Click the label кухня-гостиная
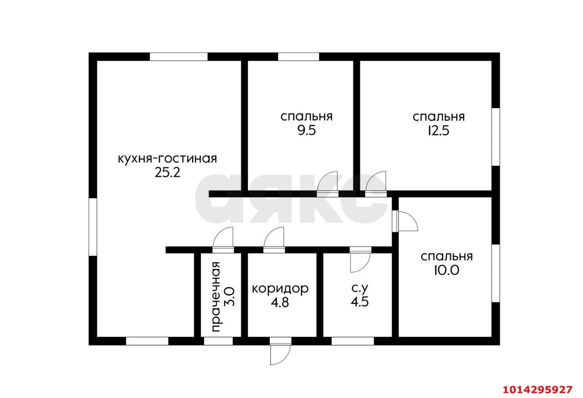click(167, 159)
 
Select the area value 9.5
click(306, 131)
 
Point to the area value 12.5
click(438, 131)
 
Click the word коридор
click(280, 288)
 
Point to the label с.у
click(359, 288)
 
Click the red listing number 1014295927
click(537, 390)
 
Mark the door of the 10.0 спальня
click(406, 222)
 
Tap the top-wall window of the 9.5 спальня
click(298, 57)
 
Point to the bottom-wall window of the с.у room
click(353, 341)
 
